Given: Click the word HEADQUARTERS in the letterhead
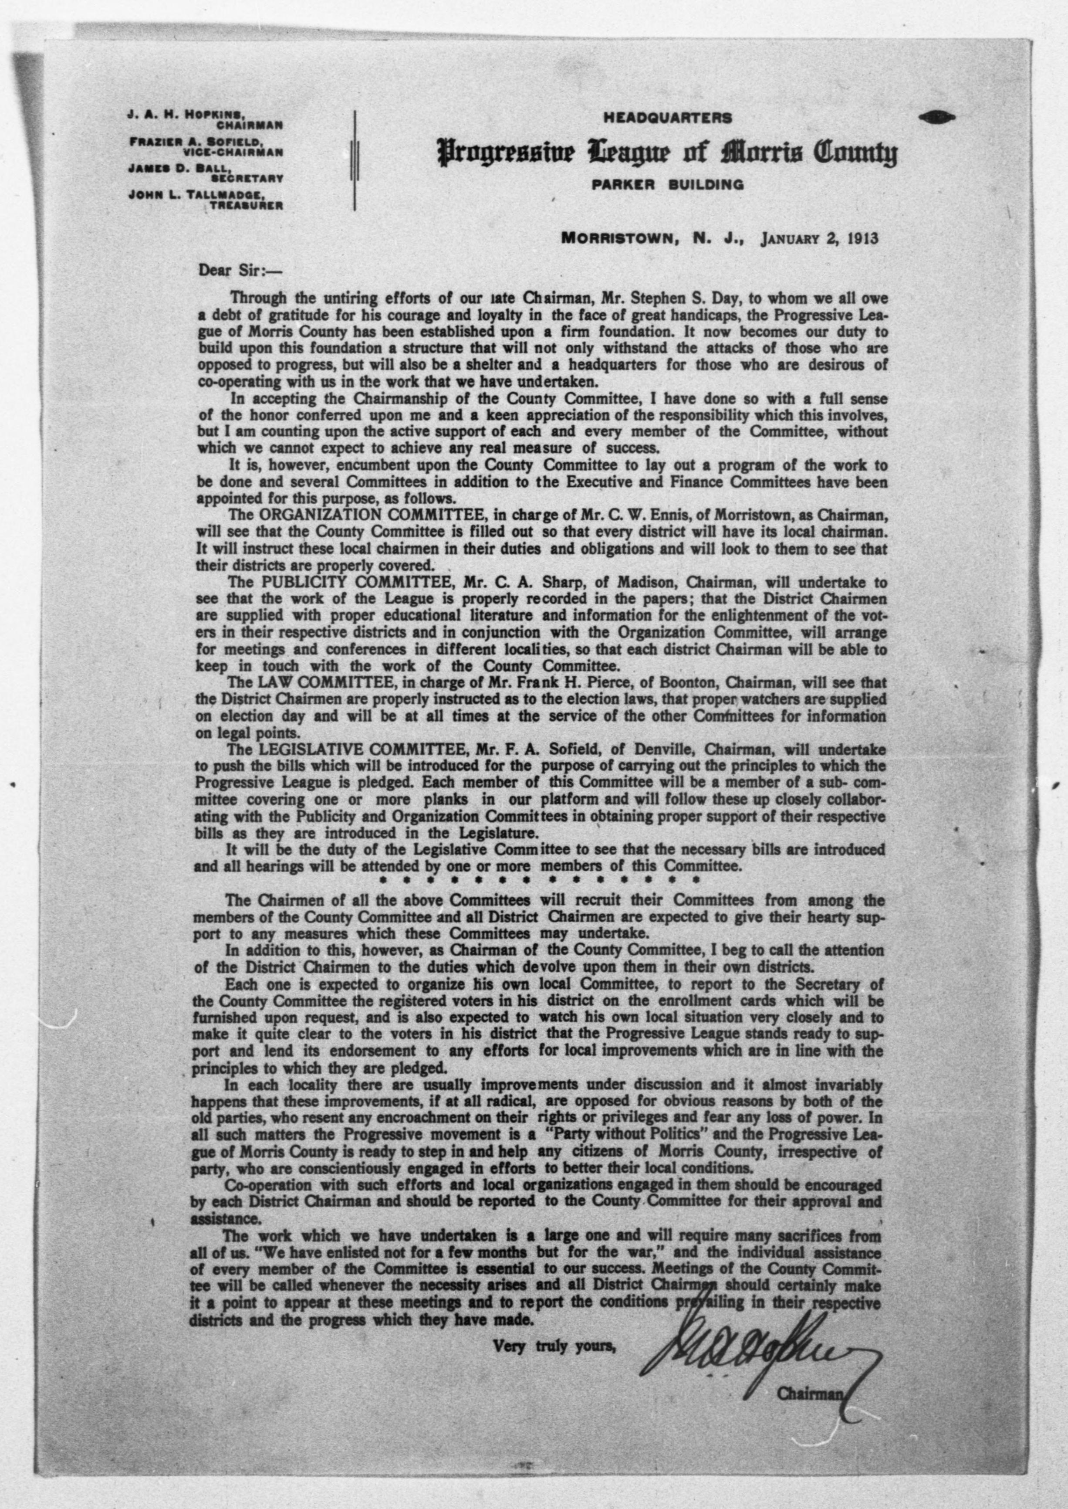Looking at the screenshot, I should tap(667, 119).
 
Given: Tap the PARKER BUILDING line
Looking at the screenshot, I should tap(667, 185).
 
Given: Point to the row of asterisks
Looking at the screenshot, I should tap(537, 878).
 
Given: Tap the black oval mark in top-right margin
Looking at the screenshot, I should tap(939, 117).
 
